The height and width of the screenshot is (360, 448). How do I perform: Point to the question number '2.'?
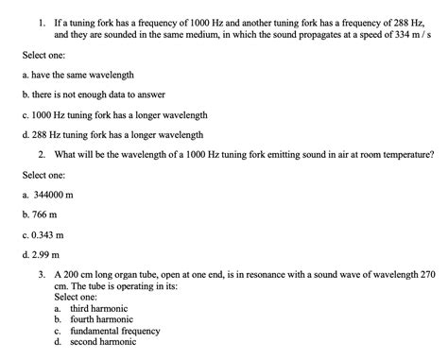(43, 154)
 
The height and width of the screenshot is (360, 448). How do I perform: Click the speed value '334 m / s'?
(411, 33)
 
